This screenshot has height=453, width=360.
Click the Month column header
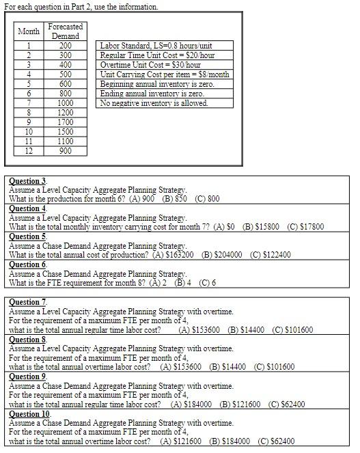(29, 31)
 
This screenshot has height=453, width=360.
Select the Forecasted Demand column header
(65, 31)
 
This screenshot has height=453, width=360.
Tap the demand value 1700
(65, 122)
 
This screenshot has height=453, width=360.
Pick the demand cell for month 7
(65, 103)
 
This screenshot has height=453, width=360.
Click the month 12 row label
(29, 151)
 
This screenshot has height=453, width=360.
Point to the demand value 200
(65, 46)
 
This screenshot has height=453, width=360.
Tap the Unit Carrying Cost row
(165, 74)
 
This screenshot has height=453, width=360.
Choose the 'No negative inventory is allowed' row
(154, 103)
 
